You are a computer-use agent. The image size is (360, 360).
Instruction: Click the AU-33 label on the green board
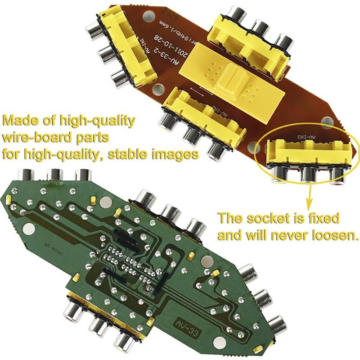(x=186, y=323)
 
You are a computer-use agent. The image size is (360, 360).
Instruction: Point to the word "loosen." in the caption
(x=337, y=235)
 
